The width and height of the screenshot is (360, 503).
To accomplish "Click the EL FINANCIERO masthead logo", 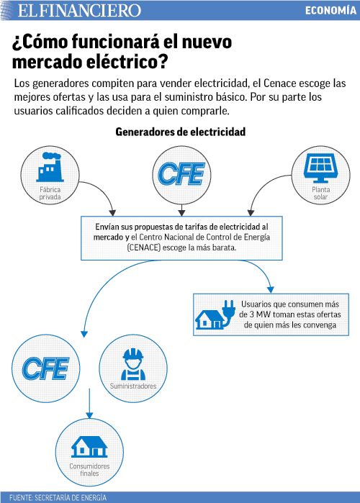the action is [x=79, y=10].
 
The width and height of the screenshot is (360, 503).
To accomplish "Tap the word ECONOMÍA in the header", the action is [x=330, y=10].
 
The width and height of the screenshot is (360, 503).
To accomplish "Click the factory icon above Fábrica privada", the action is [x=50, y=167].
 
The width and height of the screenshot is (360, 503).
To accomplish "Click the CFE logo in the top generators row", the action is [x=181, y=174].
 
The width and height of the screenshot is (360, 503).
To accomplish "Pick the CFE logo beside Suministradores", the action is [x=45, y=368].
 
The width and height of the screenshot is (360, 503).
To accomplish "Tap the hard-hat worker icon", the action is [x=133, y=364].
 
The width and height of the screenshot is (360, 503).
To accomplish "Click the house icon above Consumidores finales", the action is [x=89, y=447].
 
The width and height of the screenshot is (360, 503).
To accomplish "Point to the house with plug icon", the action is [x=215, y=314].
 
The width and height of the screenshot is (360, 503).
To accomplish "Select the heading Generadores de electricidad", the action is [x=180, y=132].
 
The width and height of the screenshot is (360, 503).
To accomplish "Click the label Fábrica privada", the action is [x=50, y=193].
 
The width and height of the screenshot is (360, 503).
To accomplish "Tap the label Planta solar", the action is [x=321, y=193].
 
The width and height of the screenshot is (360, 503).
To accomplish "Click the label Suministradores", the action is [x=133, y=386].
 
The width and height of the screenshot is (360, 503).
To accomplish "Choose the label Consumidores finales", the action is [x=89, y=470].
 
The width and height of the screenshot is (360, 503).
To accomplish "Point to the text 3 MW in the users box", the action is [x=260, y=314].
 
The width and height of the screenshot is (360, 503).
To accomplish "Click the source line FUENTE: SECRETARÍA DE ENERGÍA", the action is [x=58, y=497].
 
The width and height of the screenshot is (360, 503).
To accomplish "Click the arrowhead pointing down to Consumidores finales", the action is [x=89, y=414].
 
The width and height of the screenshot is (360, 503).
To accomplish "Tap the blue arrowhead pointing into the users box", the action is [x=271, y=289].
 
